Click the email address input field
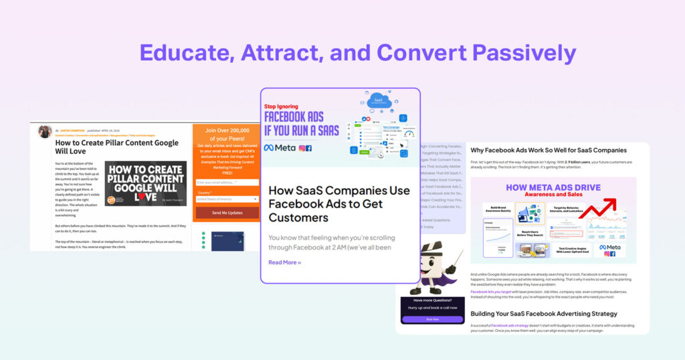(x=227, y=182)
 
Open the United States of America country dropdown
(x=227, y=199)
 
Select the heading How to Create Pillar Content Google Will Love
(x=116, y=147)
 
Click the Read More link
(x=284, y=262)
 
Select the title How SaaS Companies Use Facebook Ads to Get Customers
(x=339, y=204)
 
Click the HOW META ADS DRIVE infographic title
(x=553, y=189)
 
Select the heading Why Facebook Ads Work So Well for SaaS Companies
(x=548, y=150)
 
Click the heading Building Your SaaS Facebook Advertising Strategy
(x=544, y=313)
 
